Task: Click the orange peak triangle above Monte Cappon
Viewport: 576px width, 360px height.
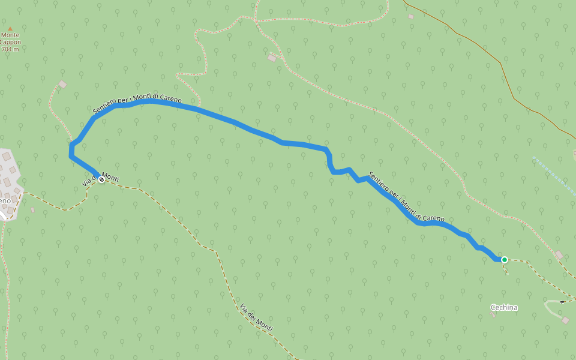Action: click(x=10, y=28)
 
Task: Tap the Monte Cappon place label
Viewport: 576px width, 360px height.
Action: click(x=10, y=38)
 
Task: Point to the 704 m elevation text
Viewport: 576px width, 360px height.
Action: click(x=10, y=49)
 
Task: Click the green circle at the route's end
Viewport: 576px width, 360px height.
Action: click(x=505, y=260)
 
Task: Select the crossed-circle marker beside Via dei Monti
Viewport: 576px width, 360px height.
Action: click(x=101, y=179)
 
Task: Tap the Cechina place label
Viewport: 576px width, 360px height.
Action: click(x=504, y=308)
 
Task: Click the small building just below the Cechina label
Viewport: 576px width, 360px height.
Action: click(x=493, y=315)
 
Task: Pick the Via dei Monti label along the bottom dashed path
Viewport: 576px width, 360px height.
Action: click(x=256, y=318)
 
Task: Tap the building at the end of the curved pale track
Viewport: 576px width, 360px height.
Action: click(x=565, y=320)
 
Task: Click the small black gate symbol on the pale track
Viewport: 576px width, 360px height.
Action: click(x=562, y=302)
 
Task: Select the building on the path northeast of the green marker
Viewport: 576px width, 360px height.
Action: click(x=559, y=255)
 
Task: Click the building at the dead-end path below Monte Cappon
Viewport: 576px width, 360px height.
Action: click(x=62, y=85)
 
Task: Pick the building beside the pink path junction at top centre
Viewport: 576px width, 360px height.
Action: click(x=272, y=58)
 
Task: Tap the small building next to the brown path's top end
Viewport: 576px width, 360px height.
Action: click(x=411, y=17)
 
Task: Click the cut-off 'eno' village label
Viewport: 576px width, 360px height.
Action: click(x=5, y=200)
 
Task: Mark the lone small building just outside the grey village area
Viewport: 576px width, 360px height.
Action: click(x=32, y=210)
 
